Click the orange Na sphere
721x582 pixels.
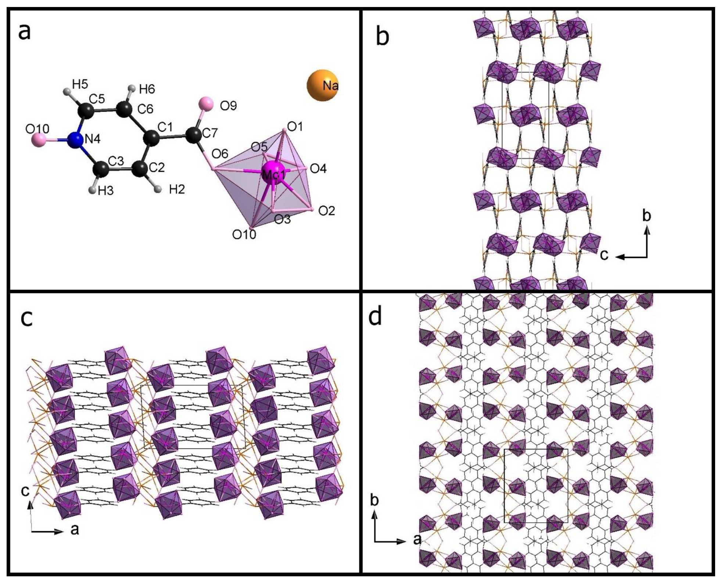coord(322,85)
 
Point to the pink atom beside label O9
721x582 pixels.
coord(206,104)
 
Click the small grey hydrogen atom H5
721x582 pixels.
coord(67,91)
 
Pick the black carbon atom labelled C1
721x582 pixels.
coord(151,139)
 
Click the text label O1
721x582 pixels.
coord(295,127)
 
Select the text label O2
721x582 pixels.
coord(326,211)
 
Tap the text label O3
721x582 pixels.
coord(282,219)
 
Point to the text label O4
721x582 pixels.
coord(318,169)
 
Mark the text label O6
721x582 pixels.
coord(220,154)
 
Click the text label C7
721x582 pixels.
coord(210,132)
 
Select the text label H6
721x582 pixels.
coord(147,89)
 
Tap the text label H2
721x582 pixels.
coord(177,189)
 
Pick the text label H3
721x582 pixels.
coord(106,191)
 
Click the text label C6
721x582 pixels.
coord(145,109)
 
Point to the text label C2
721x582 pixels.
coord(157,167)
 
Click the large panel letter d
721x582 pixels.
coord(375,317)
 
